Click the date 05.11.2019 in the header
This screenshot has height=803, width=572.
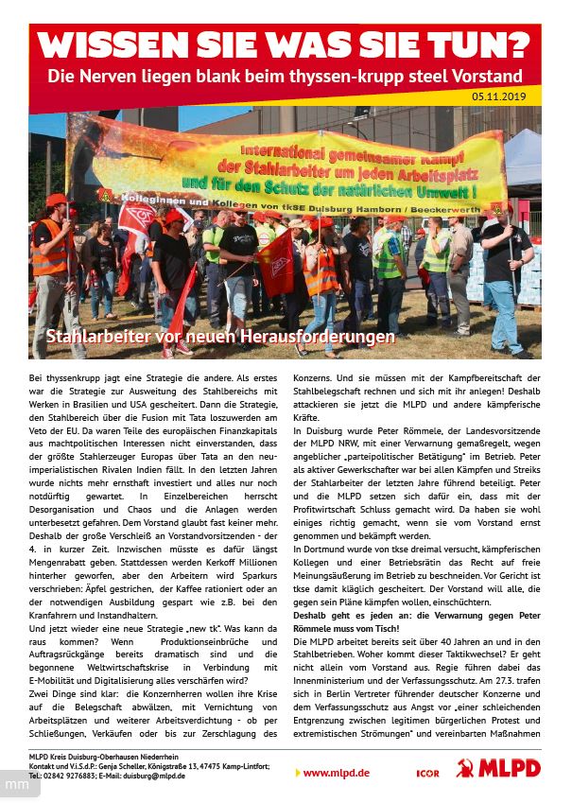click(507, 96)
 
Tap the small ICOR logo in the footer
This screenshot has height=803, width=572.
click(427, 774)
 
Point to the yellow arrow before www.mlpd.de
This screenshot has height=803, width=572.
click(298, 773)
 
